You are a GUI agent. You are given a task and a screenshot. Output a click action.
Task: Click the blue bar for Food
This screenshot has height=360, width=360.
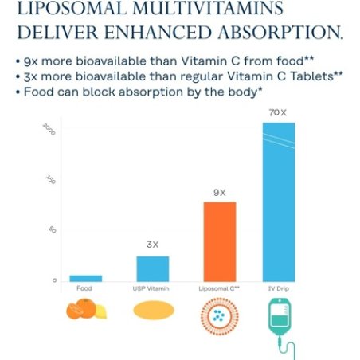coord(86,277)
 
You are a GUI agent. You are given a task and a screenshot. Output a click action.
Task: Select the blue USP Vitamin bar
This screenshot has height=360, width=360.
coord(152,268)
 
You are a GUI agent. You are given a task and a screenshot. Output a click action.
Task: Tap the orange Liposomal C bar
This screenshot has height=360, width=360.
coord(220,241)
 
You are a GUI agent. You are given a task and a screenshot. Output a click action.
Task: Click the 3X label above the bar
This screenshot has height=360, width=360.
coord(152,245)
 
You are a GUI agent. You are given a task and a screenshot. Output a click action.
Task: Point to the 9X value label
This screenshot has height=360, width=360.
coord(220,192)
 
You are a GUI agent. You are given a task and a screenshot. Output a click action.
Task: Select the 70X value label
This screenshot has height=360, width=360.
coord(279,114)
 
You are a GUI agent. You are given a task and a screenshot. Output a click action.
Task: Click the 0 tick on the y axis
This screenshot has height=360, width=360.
coord(55,280)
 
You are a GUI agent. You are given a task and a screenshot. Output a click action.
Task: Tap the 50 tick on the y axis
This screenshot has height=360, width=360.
coord(54,229)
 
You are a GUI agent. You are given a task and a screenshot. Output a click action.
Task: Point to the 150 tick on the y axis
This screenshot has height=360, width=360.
coord(53,180)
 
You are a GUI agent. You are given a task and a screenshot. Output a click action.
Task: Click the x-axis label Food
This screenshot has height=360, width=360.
coord(84,288)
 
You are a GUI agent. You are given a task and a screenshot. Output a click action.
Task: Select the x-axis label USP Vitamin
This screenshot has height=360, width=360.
coord(152,288)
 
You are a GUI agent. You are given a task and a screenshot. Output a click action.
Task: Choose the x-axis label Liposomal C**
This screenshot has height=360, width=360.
coord(220,288)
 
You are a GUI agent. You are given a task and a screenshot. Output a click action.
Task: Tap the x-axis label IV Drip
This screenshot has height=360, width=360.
coord(279,288)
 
